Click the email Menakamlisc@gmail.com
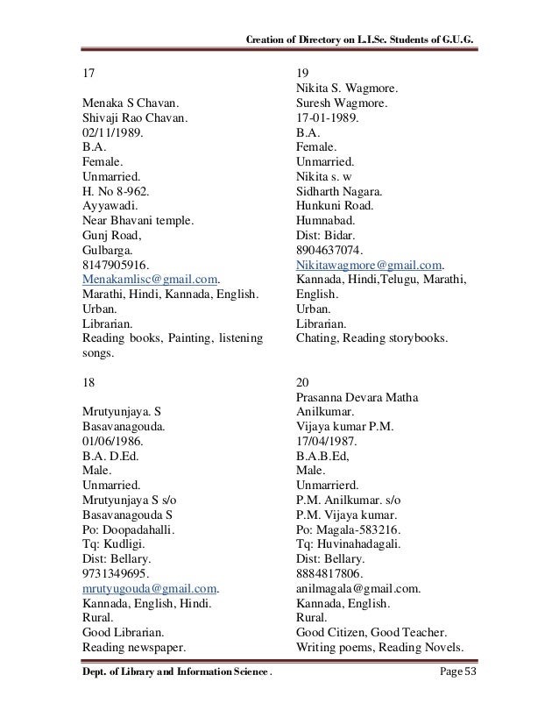tap(149, 280)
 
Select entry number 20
tap(304, 382)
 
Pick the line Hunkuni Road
tap(336, 206)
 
